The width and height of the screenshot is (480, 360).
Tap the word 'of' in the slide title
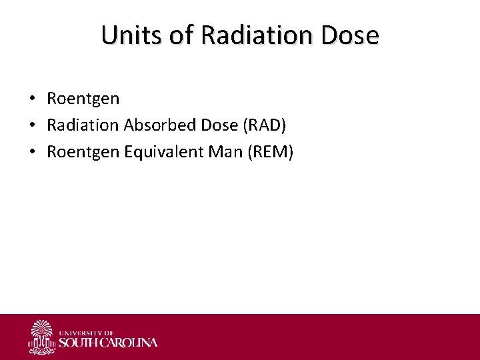pyautogui.click(x=181, y=35)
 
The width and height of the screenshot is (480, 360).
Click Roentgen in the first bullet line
pyautogui.click(x=83, y=99)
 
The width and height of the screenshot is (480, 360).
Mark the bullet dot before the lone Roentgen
pyautogui.click(x=32, y=99)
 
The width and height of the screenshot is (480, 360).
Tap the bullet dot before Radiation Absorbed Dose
pyautogui.click(x=32, y=126)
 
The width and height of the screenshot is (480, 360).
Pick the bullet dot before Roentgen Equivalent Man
pyautogui.click(x=32, y=153)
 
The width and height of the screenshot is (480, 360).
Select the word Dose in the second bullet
pyautogui.click(x=208, y=125)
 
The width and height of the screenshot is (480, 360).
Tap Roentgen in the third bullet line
pyautogui.click(x=83, y=153)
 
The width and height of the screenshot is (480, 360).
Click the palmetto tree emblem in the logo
pyautogui.click(x=42, y=336)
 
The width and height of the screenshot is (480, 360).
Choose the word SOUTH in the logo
pyautogui.click(x=77, y=343)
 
